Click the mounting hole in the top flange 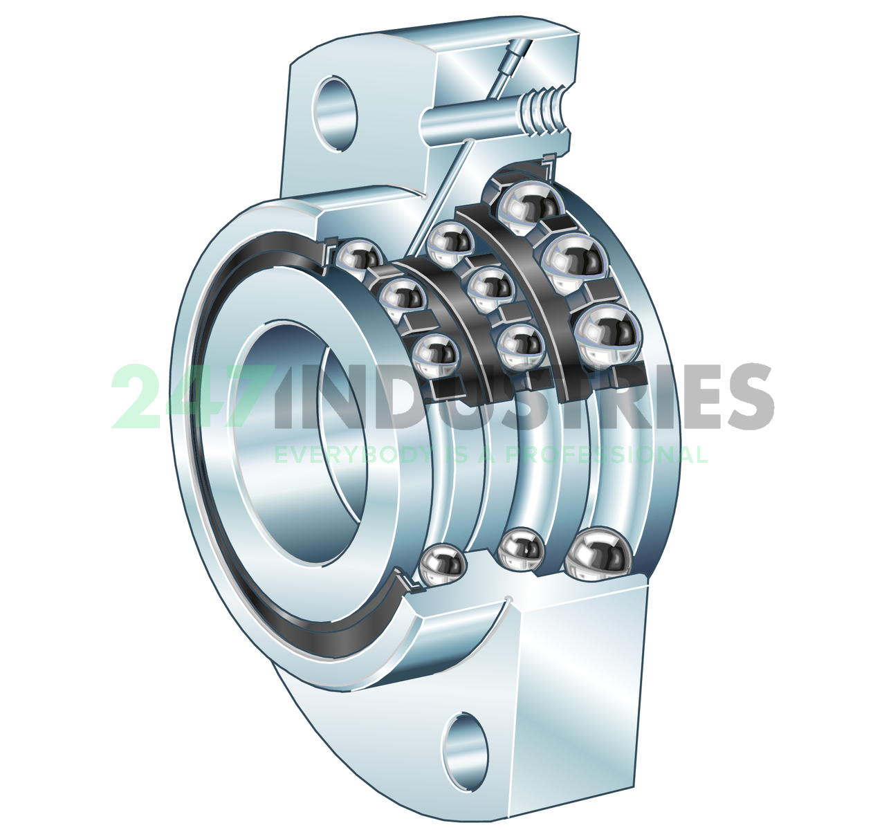click(x=337, y=111)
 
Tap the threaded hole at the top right click(x=546, y=111)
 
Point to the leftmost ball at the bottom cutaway click(x=443, y=564)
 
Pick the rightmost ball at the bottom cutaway click(x=599, y=553)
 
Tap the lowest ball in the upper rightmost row click(x=609, y=336)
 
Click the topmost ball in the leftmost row click(x=358, y=259)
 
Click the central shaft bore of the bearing click(x=297, y=443)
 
